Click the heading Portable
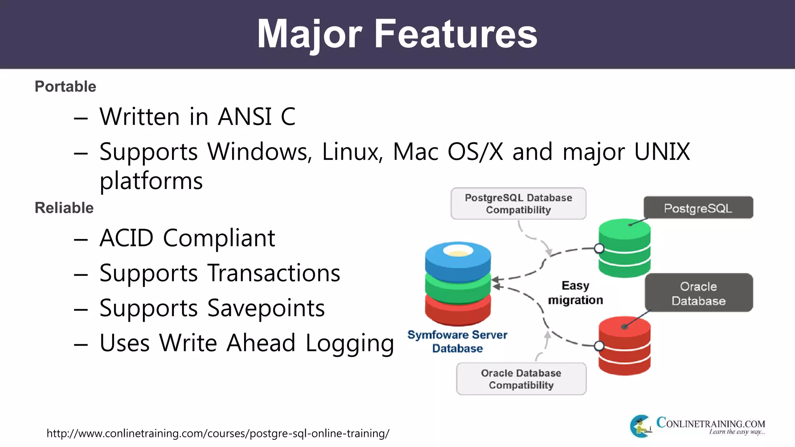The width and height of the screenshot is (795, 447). coord(65,87)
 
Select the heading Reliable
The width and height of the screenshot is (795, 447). coord(64,208)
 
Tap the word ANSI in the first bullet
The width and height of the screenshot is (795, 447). coord(245,116)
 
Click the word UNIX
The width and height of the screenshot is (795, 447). coord(662,151)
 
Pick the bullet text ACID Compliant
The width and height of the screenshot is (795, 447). coord(187,238)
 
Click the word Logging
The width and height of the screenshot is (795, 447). coord(349,343)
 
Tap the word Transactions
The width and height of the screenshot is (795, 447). coord(274,273)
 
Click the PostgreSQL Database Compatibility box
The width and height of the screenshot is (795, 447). coord(518,204)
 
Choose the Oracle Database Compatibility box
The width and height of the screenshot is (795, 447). coord(521,379)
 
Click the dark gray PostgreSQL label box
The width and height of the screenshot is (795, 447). coord(698,208)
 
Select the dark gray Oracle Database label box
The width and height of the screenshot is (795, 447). coord(698,293)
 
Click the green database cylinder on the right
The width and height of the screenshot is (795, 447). coord(624,248)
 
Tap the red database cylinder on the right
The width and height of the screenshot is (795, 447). coord(624,346)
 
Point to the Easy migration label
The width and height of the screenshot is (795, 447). coord(575,293)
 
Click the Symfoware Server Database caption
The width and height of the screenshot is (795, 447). coord(457,341)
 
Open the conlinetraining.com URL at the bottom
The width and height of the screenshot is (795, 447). coord(218,433)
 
